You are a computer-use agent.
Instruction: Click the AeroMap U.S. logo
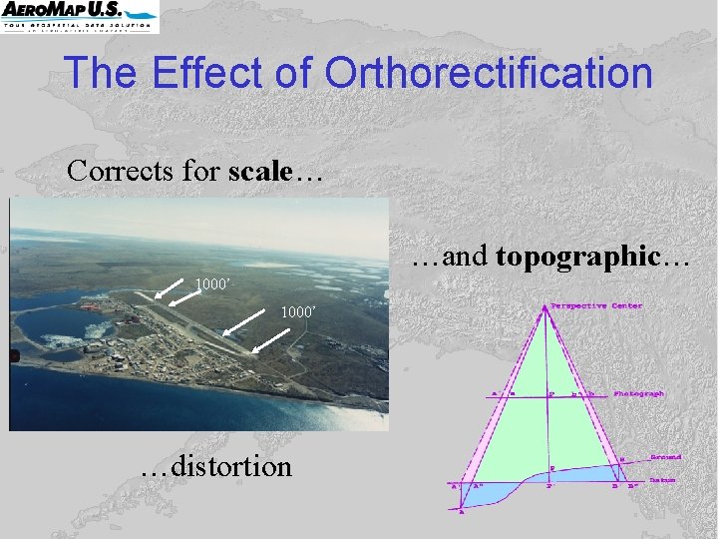click(x=80, y=17)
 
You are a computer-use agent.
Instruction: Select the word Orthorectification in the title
click(x=489, y=73)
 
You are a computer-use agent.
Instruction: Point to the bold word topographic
click(x=577, y=256)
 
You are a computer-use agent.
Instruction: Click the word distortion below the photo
click(x=231, y=466)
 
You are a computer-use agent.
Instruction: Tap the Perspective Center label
click(x=596, y=305)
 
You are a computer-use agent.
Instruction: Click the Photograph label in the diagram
click(x=639, y=394)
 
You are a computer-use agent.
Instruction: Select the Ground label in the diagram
click(x=665, y=457)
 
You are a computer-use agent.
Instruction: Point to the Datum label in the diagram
click(x=663, y=480)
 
